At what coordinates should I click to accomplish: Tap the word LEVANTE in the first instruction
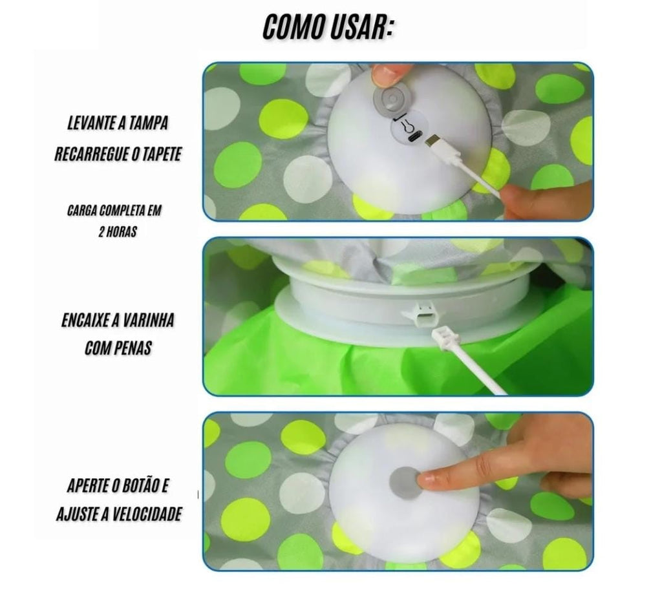click(x=92, y=123)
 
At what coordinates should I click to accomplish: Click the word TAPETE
click(x=162, y=154)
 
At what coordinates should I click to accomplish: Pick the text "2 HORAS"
click(x=118, y=231)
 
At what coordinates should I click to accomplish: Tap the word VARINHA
click(x=147, y=321)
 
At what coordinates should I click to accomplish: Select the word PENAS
click(x=133, y=348)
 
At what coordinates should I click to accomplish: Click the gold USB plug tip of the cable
click(x=431, y=140)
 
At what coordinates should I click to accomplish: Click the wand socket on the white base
click(x=422, y=314)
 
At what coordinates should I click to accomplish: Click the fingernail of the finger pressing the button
click(x=425, y=480)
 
